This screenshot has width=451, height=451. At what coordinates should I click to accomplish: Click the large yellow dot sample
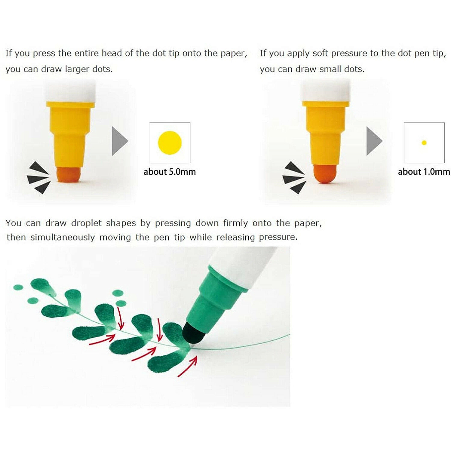tap(170, 143)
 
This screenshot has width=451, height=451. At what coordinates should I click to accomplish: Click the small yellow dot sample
tap(424, 143)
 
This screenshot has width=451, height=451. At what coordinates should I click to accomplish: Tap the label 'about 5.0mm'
tap(170, 172)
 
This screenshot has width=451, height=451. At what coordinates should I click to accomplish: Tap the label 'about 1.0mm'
tap(424, 172)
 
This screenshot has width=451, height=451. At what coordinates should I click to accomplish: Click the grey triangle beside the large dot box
tap(120, 141)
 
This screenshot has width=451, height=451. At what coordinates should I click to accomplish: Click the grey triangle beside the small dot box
tap(374, 141)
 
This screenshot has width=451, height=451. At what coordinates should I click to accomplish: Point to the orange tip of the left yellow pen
tap(69, 174)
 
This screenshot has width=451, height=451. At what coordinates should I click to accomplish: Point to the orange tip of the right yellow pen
tap(325, 173)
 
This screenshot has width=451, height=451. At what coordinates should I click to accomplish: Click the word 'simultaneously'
tap(63, 238)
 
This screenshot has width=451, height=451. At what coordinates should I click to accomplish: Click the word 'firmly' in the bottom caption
tap(235, 223)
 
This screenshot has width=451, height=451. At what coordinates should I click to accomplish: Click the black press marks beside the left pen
tap(38, 178)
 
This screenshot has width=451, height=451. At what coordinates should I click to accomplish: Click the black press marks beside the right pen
tap(294, 178)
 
